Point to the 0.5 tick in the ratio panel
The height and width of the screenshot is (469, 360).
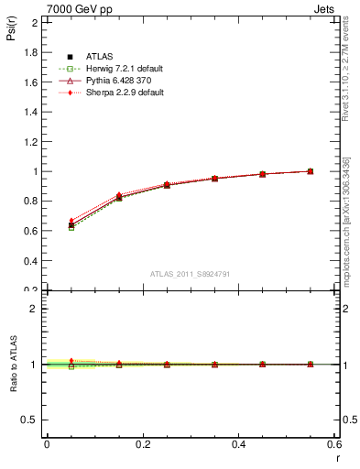pos(29,420)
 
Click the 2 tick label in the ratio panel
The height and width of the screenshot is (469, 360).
pos(34,309)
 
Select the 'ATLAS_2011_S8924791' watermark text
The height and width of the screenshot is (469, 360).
pos(190,274)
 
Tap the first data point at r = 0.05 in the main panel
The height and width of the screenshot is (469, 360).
pos(71,224)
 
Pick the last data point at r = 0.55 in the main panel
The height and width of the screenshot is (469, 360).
pos(311,171)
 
